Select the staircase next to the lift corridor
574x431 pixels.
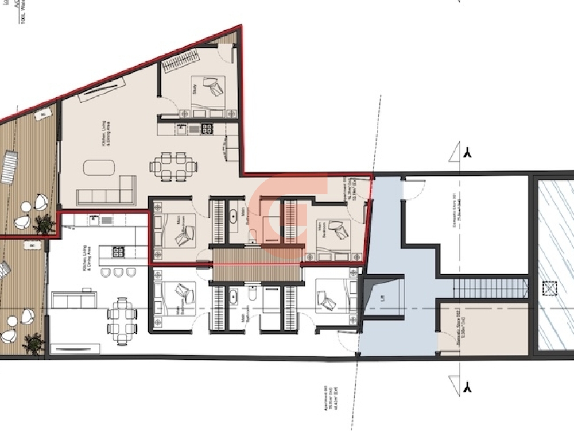point(490,288)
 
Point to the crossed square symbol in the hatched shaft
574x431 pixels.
point(550,288)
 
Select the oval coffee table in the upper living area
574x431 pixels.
point(99,168)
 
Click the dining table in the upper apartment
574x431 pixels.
point(173,167)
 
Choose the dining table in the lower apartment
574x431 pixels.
point(122,321)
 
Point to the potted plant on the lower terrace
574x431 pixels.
point(33,344)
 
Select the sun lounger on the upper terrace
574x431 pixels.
point(9,166)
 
